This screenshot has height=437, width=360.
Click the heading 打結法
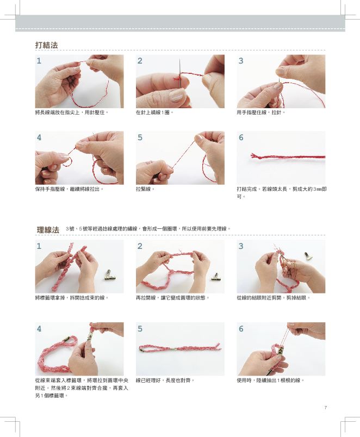coord(46,45)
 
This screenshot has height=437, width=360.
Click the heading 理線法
coord(48,230)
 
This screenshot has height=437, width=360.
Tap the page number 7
coord(325,408)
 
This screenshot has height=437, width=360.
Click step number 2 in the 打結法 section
coord(140,61)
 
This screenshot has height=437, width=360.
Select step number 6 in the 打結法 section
coord(241,138)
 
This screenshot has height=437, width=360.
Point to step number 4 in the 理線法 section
coord(39,329)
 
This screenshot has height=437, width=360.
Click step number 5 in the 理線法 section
coord(140,329)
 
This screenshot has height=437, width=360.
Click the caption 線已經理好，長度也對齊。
coord(165,380)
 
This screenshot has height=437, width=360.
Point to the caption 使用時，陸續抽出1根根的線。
coord(270,380)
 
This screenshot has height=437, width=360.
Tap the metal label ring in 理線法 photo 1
coord(109,274)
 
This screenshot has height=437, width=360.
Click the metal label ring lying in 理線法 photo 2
coord(215,277)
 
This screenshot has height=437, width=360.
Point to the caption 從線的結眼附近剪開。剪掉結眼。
coord(274,298)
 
